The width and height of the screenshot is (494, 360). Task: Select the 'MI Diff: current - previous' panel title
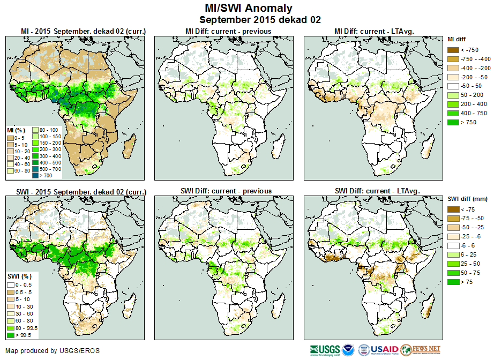[228, 32]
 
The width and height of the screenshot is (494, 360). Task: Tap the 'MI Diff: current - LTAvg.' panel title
[377, 32]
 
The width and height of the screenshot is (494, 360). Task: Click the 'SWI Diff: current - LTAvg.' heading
[377, 191]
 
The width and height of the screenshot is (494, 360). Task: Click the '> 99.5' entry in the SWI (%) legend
[11, 335]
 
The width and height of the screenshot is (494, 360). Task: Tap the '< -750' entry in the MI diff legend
[454, 50]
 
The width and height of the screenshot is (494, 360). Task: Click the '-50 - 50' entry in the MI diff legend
[454, 86]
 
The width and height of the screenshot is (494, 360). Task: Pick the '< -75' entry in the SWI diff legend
[454, 209]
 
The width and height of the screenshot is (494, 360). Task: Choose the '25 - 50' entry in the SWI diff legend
[454, 264]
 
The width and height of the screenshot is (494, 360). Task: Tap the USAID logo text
[385, 350]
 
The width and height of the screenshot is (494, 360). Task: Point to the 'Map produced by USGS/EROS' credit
[53, 351]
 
